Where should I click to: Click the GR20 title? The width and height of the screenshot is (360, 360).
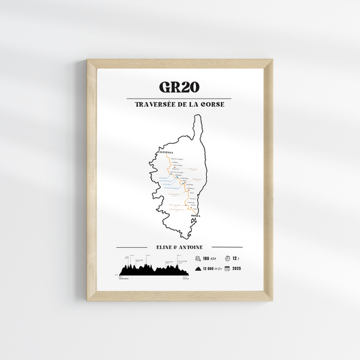(180, 88)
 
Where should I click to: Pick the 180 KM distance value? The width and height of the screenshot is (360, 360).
(209, 258)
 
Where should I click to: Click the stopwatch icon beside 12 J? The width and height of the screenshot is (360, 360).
(228, 258)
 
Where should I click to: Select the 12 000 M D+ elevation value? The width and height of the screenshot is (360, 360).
(213, 269)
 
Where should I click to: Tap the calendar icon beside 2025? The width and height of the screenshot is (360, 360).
(228, 269)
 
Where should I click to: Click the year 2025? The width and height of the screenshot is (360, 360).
(236, 269)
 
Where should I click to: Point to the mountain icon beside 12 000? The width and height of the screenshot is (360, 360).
(197, 269)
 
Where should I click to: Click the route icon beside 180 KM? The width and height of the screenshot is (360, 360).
(197, 258)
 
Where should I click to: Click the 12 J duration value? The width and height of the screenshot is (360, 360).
(236, 258)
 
